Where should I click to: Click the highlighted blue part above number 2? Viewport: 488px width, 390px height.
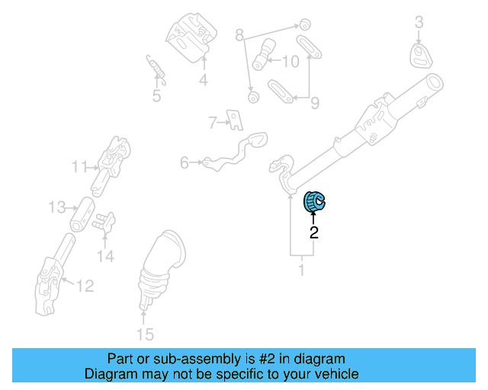pyautogui.click(x=313, y=202)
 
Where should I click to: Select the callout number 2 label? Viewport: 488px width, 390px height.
pyautogui.click(x=313, y=233)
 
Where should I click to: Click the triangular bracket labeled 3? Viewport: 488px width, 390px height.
pyautogui.click(x=421, y=55)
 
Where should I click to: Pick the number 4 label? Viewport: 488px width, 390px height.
pyautogui.click(x=204, y=80)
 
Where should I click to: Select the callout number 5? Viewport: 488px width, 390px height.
pyautogui.click(x=156, y=96)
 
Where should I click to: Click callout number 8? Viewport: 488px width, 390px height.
pyautogui.click(x=239, y=35)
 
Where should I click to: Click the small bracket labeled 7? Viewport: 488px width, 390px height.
pyautogui.click(x=236, y=120)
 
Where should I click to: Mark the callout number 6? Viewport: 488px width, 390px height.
pyautogui.click(x=184, y=162)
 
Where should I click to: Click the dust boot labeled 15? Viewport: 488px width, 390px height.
pyautogui.click(x=161, y=267)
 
